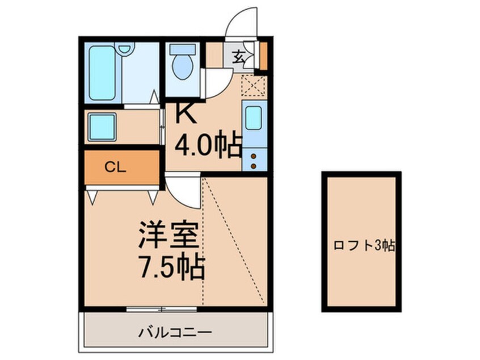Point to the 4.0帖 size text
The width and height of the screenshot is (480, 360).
(208, 146)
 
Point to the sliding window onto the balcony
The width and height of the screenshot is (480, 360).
(161, 309)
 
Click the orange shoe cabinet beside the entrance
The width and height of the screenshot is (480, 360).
(263, 55)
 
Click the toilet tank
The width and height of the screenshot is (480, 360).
(182, 49)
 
